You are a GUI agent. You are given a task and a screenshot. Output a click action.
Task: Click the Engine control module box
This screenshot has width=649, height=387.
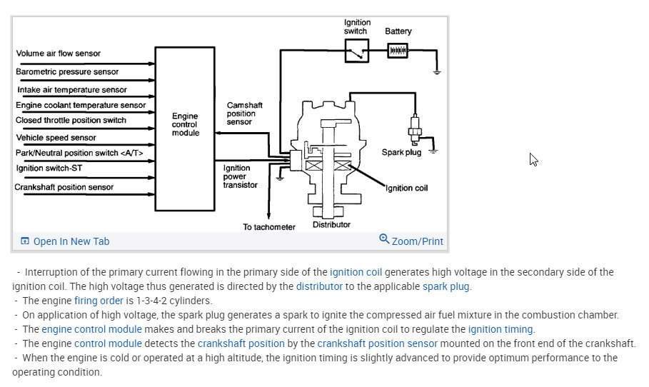(186, 129)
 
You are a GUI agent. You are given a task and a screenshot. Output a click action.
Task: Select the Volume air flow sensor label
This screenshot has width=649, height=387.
(59, 54)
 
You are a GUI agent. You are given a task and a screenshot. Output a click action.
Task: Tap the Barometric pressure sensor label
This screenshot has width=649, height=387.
(67, 72)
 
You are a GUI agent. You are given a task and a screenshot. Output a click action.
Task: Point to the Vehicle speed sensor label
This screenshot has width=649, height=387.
(56, 138)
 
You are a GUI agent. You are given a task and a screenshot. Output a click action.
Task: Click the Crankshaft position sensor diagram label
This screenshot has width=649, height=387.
(65, 188)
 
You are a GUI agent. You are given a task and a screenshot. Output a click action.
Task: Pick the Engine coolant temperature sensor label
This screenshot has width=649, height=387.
(81, 105)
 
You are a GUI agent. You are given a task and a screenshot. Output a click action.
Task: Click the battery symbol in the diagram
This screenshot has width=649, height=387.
(397, 51)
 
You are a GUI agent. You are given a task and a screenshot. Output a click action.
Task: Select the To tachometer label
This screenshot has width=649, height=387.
(268, 227)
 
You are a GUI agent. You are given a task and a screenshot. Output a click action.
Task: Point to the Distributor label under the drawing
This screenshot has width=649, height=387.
(331, 225)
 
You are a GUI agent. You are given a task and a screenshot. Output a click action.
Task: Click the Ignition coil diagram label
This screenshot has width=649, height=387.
(406, 189)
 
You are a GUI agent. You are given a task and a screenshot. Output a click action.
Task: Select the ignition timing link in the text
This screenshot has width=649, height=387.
(500, 329)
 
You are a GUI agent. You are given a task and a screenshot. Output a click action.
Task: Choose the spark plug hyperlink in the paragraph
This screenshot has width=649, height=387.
(446, 286)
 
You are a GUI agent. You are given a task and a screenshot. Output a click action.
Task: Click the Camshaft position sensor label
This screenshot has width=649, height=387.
(245, 114)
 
